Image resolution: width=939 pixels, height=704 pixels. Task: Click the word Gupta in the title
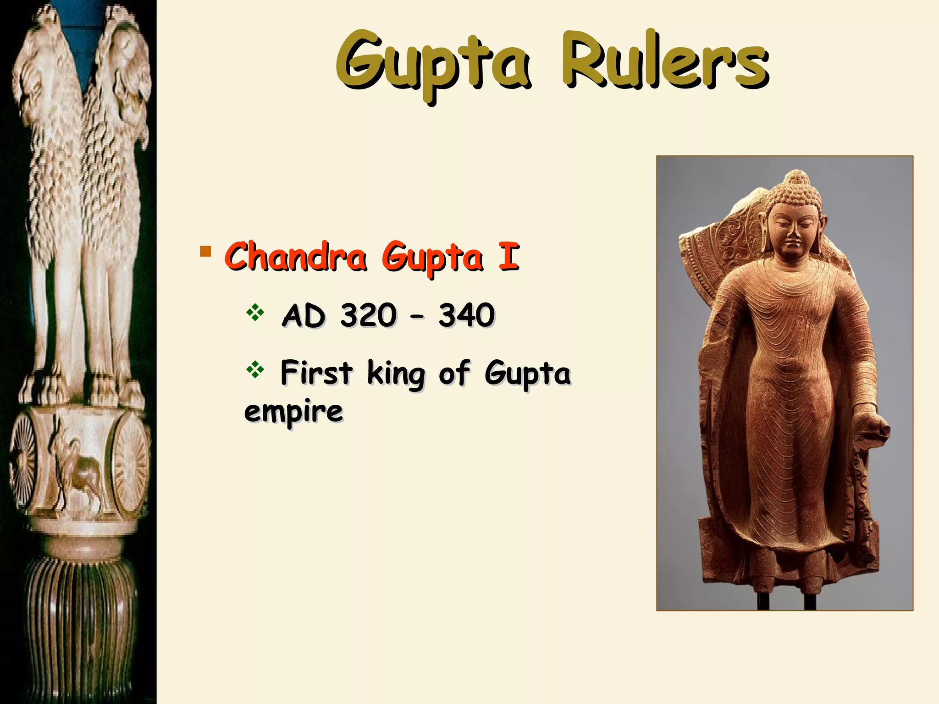pos(433,64)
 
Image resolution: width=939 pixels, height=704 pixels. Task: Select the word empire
pos(293,412)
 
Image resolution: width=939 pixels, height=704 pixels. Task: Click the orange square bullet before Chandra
pos(205,251)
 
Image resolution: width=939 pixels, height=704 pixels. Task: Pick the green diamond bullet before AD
pos(255,313)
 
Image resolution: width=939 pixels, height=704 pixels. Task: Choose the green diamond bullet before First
pos(255,370)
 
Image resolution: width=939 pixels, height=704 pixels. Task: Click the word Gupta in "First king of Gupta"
pos(527,374)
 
